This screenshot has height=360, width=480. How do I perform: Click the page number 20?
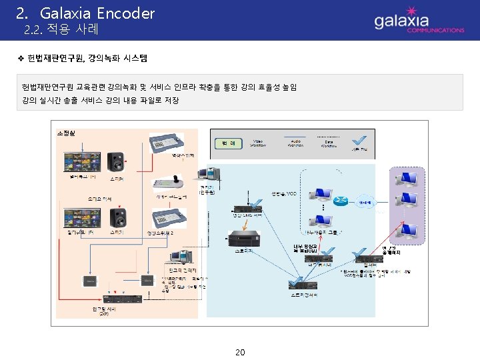click(x=240, y=352)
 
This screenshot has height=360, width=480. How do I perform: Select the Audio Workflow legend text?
click(x=295, y=143)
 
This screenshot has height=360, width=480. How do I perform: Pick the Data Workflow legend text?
click(x=329, y=143)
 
